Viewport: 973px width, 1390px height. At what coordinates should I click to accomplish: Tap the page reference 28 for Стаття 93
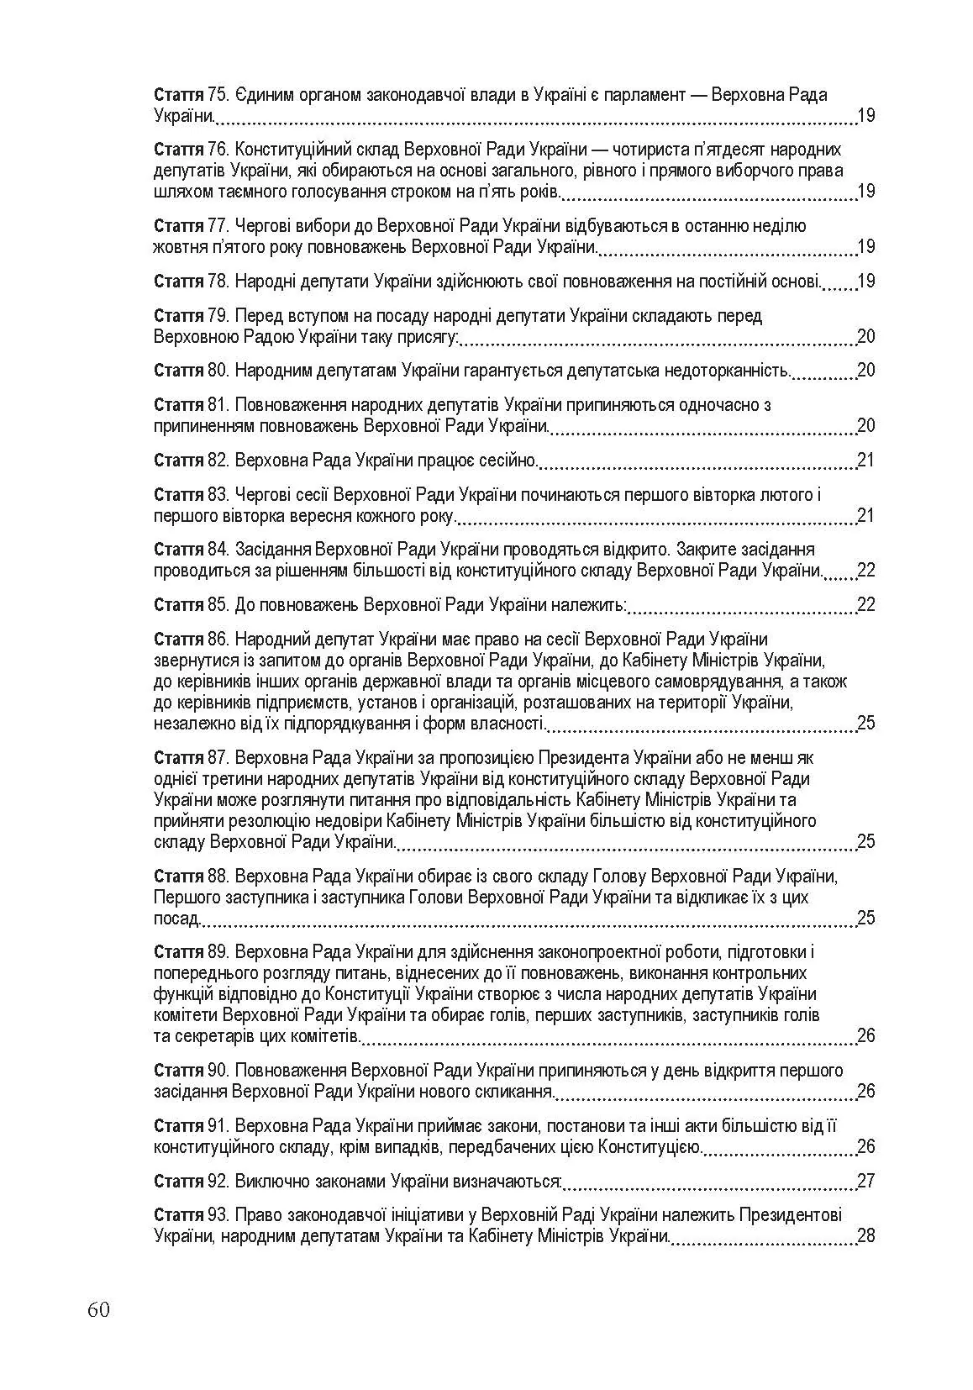pyautogui.click(x=865, y=1235)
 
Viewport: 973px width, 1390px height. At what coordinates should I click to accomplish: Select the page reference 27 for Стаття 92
pyautogui.click(x=865, y=1181)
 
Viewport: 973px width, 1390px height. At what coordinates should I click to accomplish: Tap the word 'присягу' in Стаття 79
pyautogui.click(x=429, y=336)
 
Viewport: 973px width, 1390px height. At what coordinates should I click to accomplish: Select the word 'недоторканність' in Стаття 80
pyautogui.click(x=728, y=370)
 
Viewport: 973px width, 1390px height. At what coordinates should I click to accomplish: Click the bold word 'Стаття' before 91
pyautogui.click(x=179, y=1125)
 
